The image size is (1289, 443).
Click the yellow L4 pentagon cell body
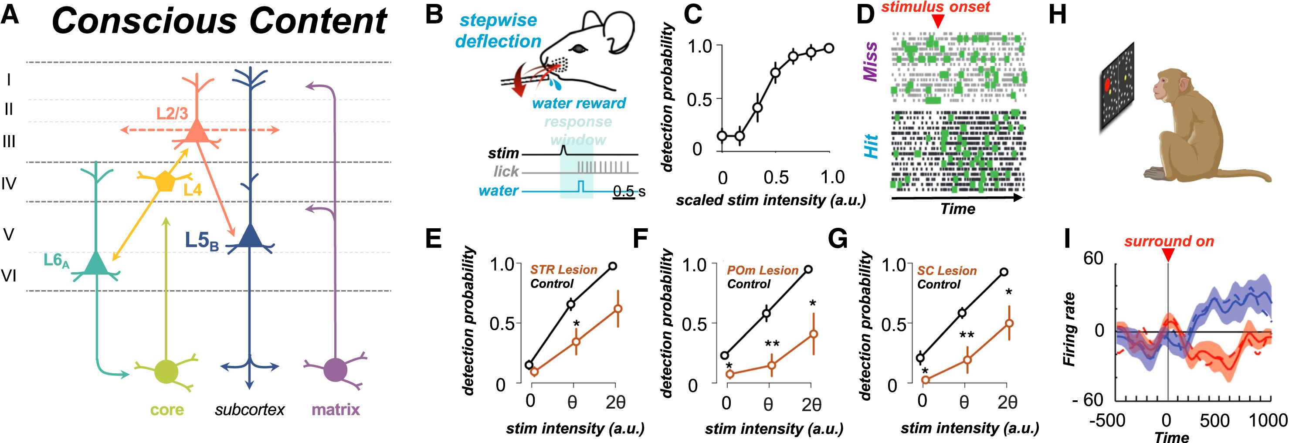point(165,182)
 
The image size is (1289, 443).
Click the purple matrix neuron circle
point(335,369)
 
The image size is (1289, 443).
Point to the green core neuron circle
point(166,371)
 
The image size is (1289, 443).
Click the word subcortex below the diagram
point(249,410)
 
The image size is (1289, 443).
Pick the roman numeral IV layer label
point(9,184)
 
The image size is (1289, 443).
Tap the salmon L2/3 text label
point(172,114)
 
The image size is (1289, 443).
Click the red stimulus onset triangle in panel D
point(938,21)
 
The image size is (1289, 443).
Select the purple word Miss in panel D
point(871,61)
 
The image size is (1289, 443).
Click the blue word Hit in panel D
point(871,146)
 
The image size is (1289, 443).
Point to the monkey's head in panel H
point(1171,88)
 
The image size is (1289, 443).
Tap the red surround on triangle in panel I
point(1168,255)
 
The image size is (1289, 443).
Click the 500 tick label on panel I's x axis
point(1214,421)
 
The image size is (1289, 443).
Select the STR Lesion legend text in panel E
point(563,270)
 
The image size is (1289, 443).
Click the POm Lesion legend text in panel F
point(762,271)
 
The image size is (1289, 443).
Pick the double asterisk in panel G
point(966,335)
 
